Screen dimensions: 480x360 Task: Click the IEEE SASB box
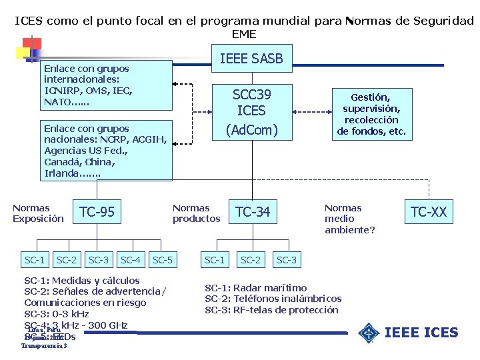[251, 59]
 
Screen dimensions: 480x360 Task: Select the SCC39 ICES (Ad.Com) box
[251, 111]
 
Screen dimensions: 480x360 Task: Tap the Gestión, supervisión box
[371, 114]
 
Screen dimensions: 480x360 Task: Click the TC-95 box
[97, 213]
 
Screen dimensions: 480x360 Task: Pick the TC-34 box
[253, 213]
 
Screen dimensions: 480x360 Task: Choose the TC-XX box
[429, 213]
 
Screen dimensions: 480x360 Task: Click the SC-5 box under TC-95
[163, 259]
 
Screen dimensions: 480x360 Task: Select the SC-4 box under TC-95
[130, 259]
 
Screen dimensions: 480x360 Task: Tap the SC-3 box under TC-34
[287, 259]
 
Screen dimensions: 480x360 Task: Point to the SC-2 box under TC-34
[251, 259]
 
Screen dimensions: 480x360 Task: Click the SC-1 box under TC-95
[35, 259]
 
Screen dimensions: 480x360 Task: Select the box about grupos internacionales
[106, 85]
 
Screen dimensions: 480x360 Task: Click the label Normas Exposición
[38, 213]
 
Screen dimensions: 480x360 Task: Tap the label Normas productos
[196, 213]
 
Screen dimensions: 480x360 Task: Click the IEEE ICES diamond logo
[368, 333]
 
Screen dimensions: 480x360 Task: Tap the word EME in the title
[243, 34]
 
